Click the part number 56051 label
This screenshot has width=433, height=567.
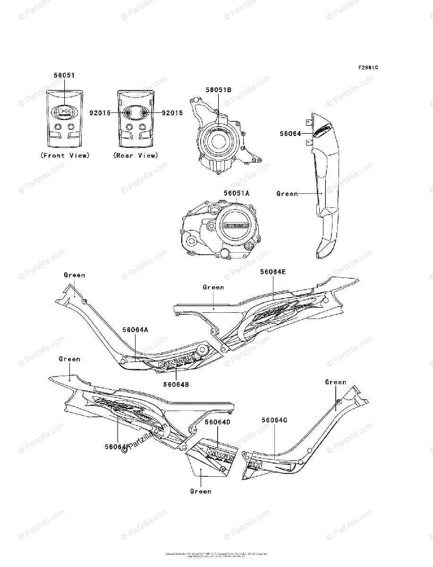point(64,75)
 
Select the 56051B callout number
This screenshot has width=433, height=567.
point(218,89)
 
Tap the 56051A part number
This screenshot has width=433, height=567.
point(237,193)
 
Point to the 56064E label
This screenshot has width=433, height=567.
point(273,272)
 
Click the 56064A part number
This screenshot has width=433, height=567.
point(136,330)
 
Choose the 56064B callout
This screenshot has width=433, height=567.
point(176,384)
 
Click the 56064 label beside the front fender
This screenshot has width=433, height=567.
point(290,134)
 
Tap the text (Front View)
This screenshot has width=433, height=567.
point(65,155)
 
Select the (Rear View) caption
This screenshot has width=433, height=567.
point(136,155)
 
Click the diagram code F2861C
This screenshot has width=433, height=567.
point(368,67)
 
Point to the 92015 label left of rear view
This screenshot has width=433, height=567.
point(101,113)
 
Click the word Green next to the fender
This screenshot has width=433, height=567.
point(287,193)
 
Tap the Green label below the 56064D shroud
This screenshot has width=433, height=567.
point(201,491)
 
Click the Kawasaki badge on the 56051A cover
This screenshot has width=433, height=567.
point(235,225)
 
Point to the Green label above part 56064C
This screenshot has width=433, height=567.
point(335,382)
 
